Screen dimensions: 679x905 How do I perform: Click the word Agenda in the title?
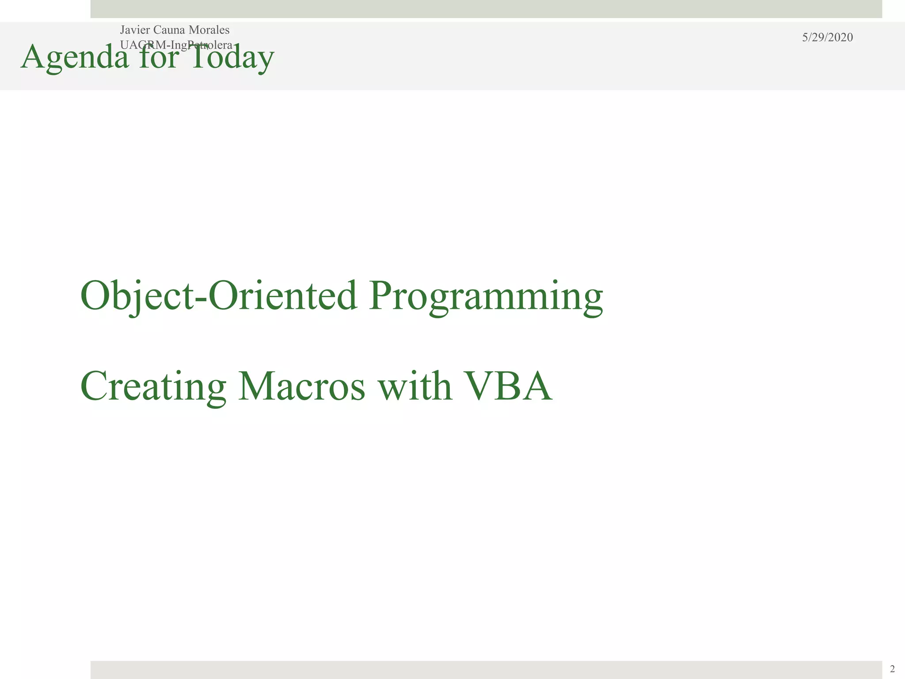pyautogui.click(x=75, y=57)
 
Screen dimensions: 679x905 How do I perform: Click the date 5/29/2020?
pyautogui.click(x=827, y=38)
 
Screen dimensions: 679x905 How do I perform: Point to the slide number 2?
pyautogui.click(x=892, y=669)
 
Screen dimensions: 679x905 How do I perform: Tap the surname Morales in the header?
pyautogui.click(x=209, y=30)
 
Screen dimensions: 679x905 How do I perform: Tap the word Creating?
pyautogui.click(x=153, y=386)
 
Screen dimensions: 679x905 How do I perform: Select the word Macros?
pyautogui.click(x=302, y=386)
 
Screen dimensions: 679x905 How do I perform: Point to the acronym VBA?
pyautogui.click(x=508, y=386)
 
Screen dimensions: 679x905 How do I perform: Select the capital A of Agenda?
pyautogui.click(x=33, y=57)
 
